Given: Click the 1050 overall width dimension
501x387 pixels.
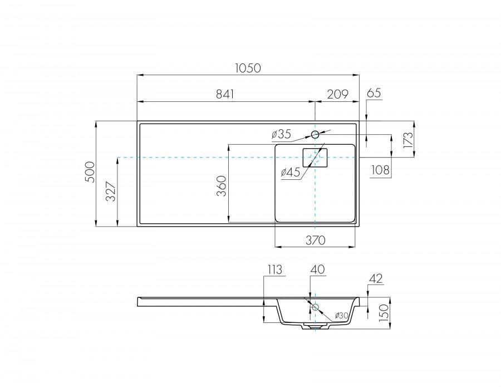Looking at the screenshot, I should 248,68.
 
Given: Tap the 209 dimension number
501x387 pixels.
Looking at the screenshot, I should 337,95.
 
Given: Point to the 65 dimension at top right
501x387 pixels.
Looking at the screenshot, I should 374,93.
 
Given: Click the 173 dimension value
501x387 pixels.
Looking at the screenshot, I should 409,139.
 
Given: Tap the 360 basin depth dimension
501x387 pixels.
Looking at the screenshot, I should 222,185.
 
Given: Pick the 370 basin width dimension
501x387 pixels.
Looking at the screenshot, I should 315,240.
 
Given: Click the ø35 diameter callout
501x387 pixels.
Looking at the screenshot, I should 281,134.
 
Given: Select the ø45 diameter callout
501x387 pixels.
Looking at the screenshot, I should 291,173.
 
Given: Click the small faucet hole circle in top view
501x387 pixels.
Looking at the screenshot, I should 315,134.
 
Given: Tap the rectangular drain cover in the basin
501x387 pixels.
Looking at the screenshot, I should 315,158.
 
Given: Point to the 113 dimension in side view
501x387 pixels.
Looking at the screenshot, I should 274,270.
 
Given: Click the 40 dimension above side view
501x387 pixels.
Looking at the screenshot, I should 317,270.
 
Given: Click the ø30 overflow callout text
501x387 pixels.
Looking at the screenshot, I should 342,316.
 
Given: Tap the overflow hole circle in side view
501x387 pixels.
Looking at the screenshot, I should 315,307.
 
